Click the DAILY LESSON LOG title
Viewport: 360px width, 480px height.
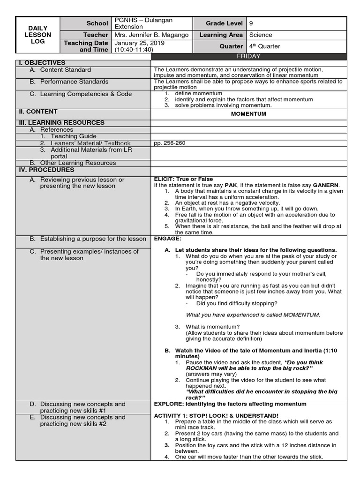(38, 35)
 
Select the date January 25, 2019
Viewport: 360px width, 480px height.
(139, 43)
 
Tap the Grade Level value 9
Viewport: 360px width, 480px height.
(251, 23)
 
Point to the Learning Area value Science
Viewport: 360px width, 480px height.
(261, 35)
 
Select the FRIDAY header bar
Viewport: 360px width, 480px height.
(248, 56)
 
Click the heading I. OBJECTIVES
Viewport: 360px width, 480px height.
(42, 63)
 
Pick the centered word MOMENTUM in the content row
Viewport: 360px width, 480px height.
(248, 114)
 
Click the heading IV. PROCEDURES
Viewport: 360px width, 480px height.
(46, 170)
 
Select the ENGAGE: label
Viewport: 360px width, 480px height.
(167, 239)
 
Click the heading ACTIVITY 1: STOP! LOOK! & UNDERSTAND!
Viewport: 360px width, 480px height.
(216, 416)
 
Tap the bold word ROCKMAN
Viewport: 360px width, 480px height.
(203, 368)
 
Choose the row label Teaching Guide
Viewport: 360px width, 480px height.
(74, 136)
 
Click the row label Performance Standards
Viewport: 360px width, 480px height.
(74, 82)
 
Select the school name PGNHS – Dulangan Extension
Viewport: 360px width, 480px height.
(143, 23)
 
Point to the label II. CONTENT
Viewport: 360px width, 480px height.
(37, 112)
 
